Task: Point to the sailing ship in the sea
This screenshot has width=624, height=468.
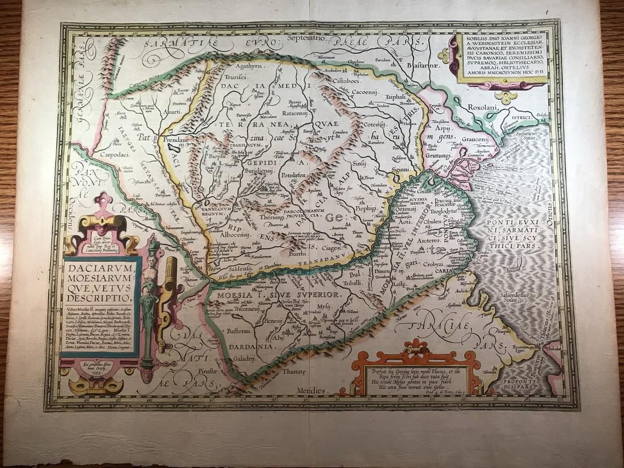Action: [518, 264]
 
